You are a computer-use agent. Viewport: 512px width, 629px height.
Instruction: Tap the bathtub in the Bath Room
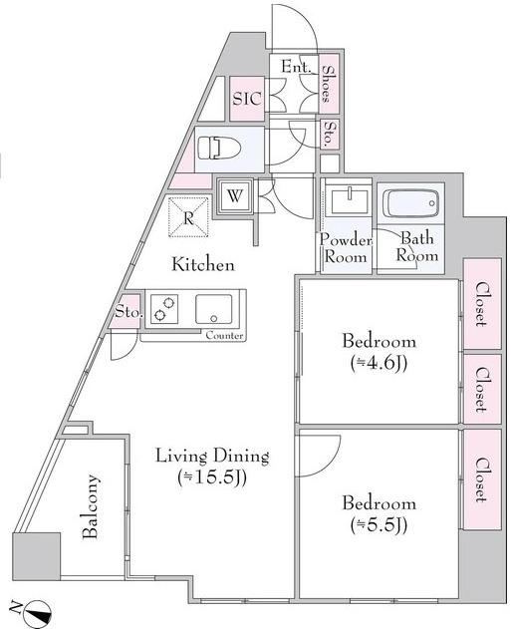click(411, 203)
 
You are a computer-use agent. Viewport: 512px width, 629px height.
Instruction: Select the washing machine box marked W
click(235, 196)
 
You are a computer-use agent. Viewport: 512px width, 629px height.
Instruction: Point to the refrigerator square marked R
click(188, 217)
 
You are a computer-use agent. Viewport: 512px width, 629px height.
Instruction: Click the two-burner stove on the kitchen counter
click(164, 309)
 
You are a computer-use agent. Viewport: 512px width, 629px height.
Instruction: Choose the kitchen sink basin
click(214, 309)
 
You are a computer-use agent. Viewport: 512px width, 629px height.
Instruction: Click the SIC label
click(247, 99)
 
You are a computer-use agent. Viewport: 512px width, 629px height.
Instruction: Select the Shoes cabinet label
click(328, 84)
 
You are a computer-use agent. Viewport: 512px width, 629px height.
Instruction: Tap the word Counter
click(224, 335)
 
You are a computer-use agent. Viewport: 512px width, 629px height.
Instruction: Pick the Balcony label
click(91, 506)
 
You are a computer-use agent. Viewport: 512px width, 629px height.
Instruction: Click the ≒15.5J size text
click(212, 477)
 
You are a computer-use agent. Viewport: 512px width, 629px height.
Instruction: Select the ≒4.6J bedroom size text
click(380, 363)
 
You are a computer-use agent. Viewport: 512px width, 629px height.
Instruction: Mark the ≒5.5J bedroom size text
click(380, 525)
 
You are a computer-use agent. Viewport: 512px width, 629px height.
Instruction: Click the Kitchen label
click(203, 265)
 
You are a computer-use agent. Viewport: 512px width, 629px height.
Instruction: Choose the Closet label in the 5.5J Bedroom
click(481, 479)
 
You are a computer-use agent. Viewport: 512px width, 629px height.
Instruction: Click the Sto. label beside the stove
click(128, 312)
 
